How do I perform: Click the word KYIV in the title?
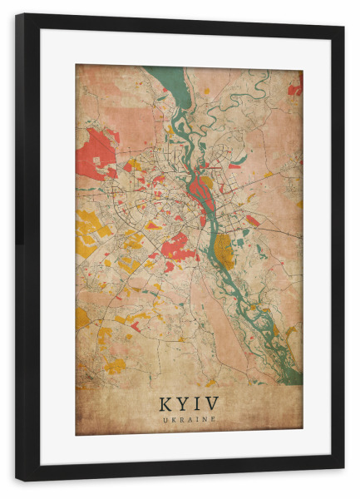click(189, 403)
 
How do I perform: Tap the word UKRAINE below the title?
click(189, 419)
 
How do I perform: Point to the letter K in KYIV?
click(164, 403)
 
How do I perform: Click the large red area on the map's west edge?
click(93, 155)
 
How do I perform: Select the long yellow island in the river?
click(224, 250)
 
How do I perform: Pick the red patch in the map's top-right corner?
click(295, 86)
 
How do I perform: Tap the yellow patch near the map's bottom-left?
click(114, 364)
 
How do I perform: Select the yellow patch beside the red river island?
click(207, 181)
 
